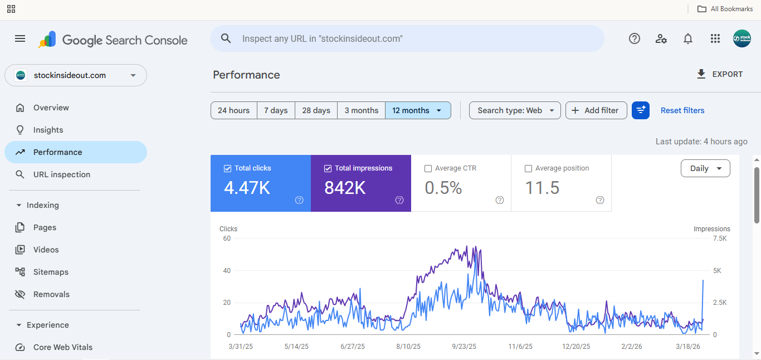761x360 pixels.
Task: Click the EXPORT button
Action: (x=720, y=74)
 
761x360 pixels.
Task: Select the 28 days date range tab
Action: (x=316, y=110)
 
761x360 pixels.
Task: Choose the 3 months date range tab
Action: (x=361, y=110)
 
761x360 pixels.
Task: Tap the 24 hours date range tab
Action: (x=233, y=110)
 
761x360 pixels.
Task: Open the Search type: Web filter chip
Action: (x=515, y=110)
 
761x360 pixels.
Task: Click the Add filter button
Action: (x=596, y=110)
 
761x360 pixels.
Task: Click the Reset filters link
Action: (x=682, y=110)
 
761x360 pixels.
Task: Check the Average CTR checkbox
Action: (x=428, y=168)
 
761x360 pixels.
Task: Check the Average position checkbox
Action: (x=528, y=168)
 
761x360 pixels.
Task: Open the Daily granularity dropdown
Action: (x=705, y=168)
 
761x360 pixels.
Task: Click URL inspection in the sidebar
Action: (x=61, y=174)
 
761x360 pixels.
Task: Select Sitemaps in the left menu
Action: (x=51, y=272)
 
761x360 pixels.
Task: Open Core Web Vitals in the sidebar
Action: (x=62, y=347)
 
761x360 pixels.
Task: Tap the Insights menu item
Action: (x=48, y=130)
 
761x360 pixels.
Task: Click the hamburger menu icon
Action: (x=20, y=38)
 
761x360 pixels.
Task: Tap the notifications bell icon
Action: (x=688, y=38)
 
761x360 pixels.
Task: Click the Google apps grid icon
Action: (x=715, y=38)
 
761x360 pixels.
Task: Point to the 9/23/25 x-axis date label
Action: (x=464, y=347)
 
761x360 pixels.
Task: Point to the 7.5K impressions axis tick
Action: (x=720, y=239)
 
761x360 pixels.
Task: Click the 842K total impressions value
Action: (x=345, y=188)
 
